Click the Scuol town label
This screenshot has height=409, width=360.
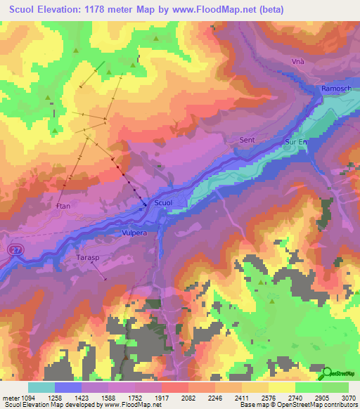162,202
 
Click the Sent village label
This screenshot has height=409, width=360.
247,140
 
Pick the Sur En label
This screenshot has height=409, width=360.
296,141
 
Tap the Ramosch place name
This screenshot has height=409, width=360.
333,90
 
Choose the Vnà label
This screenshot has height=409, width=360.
298,62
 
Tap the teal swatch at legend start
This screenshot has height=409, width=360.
41,387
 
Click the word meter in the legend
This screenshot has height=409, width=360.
11,397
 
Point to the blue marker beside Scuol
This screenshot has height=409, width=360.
146,204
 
